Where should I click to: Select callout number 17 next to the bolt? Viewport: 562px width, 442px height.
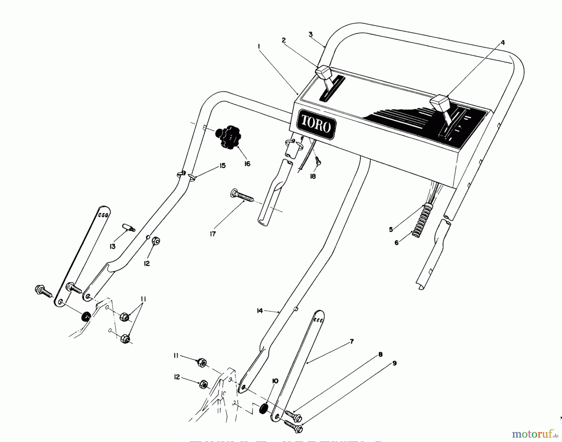point(213,234)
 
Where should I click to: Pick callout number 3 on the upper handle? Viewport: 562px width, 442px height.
point(310,34)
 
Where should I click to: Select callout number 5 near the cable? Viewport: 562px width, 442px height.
point(391,230)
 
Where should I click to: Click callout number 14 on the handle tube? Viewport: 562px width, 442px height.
point(260,311)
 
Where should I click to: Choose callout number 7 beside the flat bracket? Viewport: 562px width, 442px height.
point(352,341)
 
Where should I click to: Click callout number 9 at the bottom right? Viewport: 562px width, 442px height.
point(395,363)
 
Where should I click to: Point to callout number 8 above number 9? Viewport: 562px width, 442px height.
point(380,354)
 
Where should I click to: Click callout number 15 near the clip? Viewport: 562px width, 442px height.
point(222,166)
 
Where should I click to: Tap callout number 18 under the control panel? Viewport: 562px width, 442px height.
point(313,176)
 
